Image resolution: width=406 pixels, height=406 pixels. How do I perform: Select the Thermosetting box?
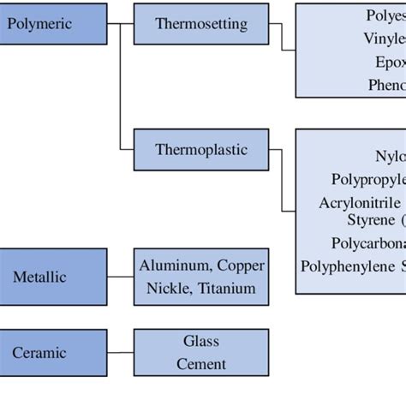[x=201, y=23]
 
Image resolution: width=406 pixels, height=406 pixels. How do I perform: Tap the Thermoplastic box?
[x=201, y=150]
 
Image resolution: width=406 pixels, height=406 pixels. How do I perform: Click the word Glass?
[x=201, y=341]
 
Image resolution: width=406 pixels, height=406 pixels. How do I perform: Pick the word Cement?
[x=201, y=364]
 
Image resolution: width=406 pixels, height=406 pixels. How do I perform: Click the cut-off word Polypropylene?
[x=368, y=179]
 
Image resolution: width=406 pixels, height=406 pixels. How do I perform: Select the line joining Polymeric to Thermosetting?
[x=121, y=23]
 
